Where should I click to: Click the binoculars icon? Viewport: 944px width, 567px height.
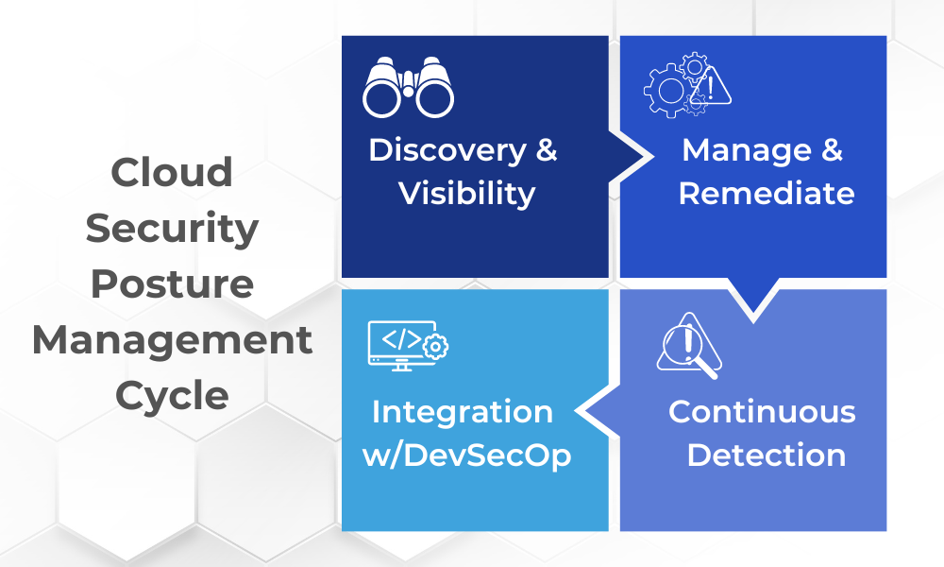pos(409,87)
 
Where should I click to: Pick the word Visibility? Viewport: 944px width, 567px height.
pos(466,194)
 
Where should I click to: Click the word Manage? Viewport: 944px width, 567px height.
pos(733,150)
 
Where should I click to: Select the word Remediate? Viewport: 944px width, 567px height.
pos(767,194)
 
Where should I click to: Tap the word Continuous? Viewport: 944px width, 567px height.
pos(762,412)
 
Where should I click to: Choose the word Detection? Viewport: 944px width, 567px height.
pos(766,455)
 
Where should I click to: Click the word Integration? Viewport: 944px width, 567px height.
pos(463,412)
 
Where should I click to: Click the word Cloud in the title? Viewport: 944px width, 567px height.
pos(172,173)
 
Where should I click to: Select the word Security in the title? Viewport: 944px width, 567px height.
pos(172,228)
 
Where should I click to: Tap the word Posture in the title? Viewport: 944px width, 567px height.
pos(172,283)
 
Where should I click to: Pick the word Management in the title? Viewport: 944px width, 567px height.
pos(172,339)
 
